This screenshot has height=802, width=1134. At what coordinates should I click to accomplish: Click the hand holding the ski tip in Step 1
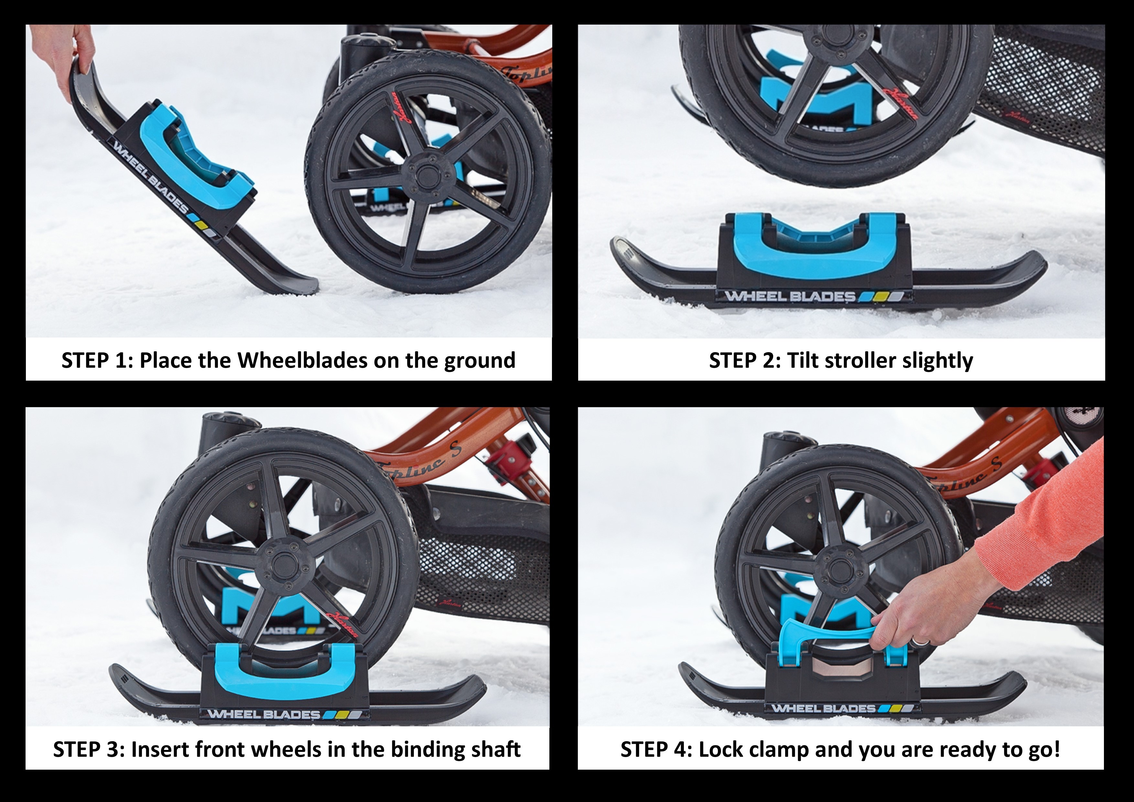pos(74,54)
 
